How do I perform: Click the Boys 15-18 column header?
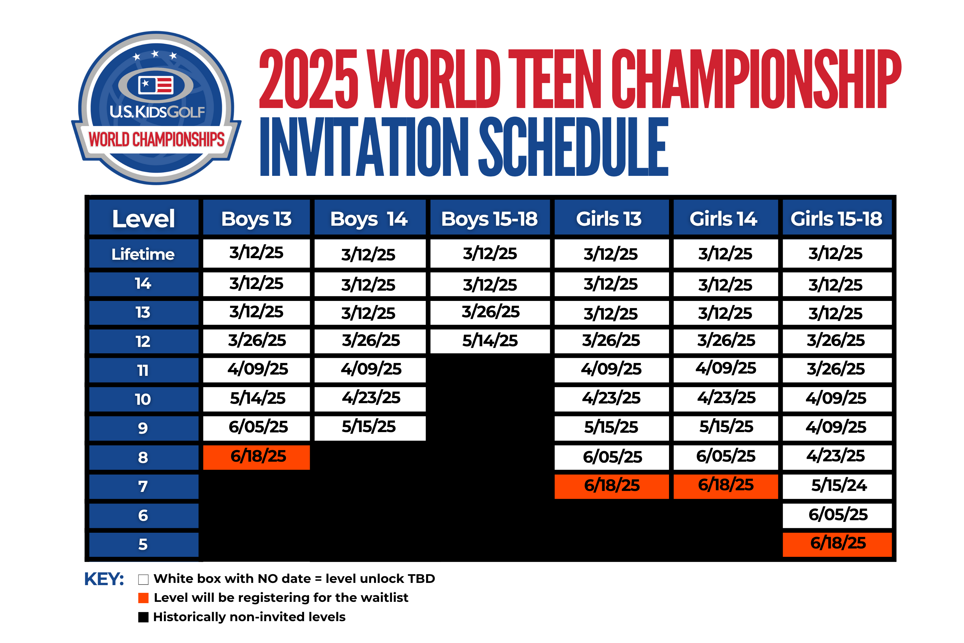tap(490, 217)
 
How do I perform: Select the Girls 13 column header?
tap(611, 217)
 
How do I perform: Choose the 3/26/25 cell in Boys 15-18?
tap(490, 312)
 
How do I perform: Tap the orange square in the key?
tap(143, 598)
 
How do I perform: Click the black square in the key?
tap(143, 617)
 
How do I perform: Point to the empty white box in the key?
tap(143, 579)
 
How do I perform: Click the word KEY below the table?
tap(104, 579)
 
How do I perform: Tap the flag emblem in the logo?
tap(156, 85)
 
